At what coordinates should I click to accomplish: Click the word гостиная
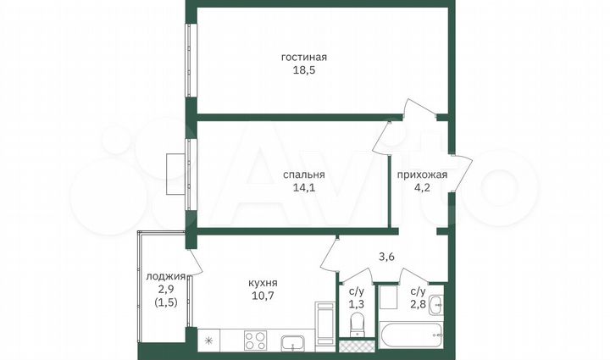304,58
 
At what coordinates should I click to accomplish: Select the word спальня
304,175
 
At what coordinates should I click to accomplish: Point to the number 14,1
304,189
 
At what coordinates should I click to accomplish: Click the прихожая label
422,175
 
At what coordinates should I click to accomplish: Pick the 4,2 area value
422,189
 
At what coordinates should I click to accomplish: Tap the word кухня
264,284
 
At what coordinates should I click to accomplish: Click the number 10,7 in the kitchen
264,297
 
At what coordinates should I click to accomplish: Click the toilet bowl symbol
358,323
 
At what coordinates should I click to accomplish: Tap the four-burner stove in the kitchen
256,341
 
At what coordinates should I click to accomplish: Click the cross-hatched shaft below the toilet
356,346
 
